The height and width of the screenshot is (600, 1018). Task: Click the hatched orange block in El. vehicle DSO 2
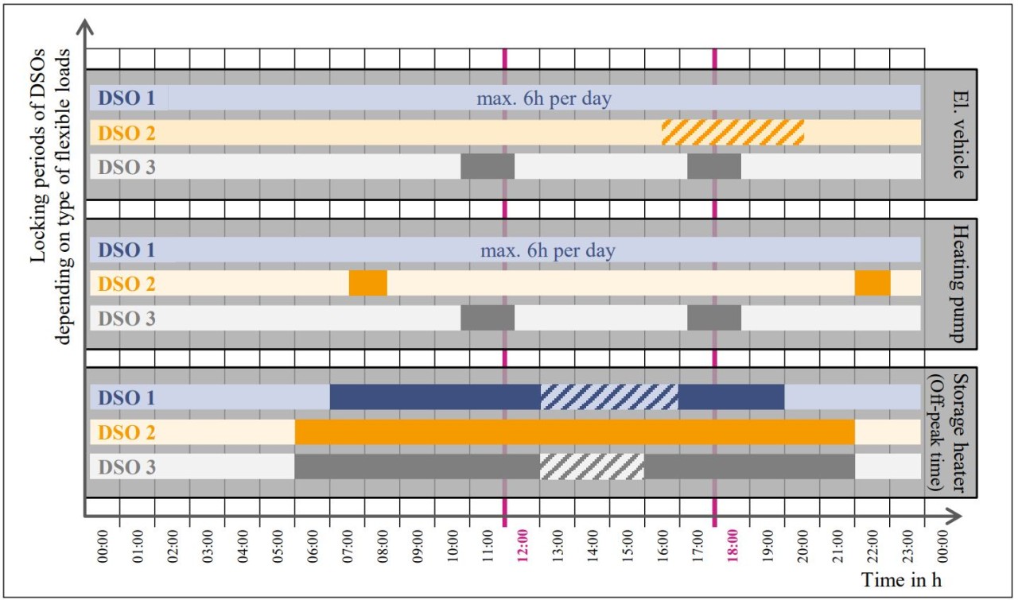tap(732, 132)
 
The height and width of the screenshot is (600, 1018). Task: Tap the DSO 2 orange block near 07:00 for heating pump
tap(368, 283)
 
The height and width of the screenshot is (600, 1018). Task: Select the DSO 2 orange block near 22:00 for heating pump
tap(872, 283)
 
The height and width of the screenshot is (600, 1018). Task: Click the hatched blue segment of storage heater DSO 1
tap(609, 397)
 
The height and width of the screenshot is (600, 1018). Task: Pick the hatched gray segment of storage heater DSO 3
tap(592, 466)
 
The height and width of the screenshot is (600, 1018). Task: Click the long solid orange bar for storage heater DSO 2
tap(574, 432)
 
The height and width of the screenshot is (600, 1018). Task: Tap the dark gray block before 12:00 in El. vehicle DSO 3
tap(488, 166)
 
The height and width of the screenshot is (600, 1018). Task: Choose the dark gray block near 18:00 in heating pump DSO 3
tap(714, 317)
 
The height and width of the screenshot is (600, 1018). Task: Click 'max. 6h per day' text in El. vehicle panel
tap(544, 99)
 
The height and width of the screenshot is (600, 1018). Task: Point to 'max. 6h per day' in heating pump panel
tap(548, 250)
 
